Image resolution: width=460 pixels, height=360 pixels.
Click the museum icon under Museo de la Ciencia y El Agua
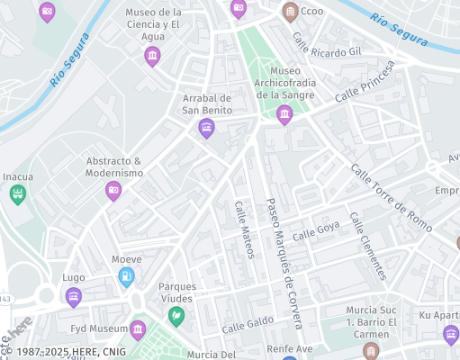(152, 58)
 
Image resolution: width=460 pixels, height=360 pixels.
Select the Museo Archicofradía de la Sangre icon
(284, 114)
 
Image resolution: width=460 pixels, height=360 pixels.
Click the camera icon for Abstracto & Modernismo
(113, 190)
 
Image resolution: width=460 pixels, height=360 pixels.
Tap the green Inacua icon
(17, 194)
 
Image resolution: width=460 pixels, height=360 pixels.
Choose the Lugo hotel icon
(74, 296)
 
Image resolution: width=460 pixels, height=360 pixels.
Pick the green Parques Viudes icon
(177, 316)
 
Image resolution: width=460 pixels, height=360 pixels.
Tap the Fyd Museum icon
(138, 330)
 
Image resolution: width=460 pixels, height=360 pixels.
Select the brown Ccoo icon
(290, 12)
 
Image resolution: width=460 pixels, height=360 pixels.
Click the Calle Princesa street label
(365, 82)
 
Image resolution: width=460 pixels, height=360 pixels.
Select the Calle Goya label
(316, 229)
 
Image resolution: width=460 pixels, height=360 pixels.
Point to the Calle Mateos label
(244, 229)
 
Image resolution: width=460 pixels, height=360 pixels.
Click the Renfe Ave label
(289, 347)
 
